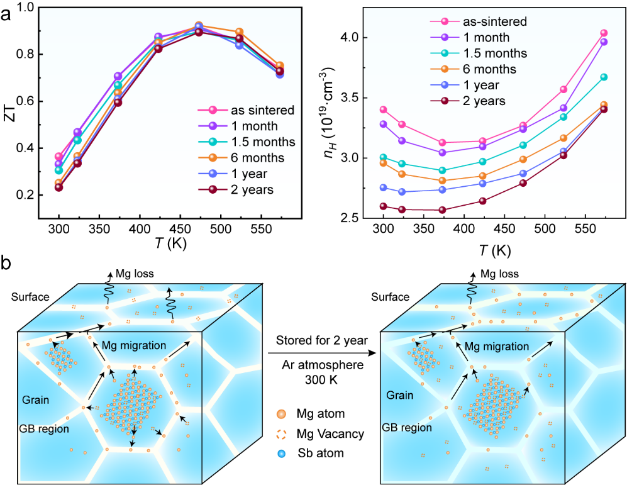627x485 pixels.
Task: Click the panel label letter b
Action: [6, 264]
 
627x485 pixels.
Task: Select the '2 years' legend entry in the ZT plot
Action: [252, 189]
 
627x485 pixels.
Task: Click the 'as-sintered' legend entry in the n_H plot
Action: [495, 21]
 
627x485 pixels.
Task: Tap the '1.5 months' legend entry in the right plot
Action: [495, 53]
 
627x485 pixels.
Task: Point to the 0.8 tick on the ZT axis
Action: [25, 54]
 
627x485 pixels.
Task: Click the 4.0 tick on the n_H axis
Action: [348, 38]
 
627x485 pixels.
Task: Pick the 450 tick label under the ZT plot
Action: [180, 230]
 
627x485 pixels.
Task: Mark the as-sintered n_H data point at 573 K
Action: [604, 33]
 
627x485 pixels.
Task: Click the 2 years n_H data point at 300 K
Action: [384, 206]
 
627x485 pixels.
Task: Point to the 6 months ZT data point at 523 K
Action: [240, 31]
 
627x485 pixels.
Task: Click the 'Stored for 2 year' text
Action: [322, 340]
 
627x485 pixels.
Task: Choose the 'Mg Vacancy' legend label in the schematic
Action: [330, 434]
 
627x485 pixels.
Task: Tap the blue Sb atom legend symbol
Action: [281, 454]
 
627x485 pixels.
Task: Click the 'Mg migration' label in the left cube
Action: [134, 345]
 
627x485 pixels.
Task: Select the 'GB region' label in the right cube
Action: [407, 428]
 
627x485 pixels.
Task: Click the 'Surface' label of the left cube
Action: [30, 297]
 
